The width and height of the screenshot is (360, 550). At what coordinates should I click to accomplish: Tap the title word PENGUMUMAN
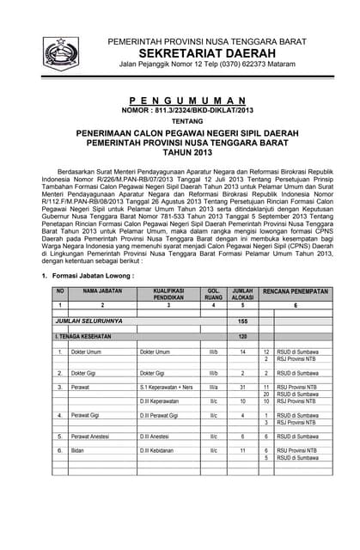[180, 101]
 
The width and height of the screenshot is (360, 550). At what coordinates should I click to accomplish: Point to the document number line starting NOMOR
[180, 111]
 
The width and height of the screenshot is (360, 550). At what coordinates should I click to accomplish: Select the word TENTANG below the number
[180, 121]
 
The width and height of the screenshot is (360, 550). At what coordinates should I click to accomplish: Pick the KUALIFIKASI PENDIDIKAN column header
[170, 295]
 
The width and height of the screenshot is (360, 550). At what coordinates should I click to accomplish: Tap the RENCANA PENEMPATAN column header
[295, 292]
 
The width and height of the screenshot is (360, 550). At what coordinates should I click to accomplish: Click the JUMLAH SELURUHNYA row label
[89, 321]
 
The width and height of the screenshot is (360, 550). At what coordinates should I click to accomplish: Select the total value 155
[242, 321]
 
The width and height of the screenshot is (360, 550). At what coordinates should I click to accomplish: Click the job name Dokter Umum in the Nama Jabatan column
[88, 352]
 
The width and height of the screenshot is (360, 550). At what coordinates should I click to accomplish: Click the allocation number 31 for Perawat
[242, 388]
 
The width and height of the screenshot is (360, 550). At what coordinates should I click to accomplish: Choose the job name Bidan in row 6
[78, 450]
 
